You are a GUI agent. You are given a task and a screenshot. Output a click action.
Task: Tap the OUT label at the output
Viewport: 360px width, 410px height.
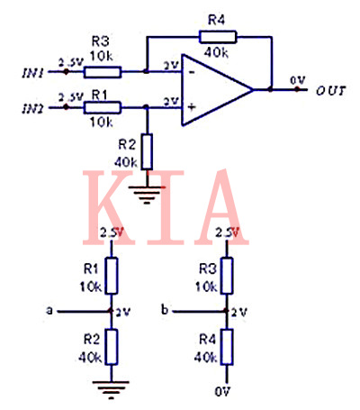[332, 91]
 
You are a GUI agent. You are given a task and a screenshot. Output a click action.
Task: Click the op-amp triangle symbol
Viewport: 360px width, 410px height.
[215, 89]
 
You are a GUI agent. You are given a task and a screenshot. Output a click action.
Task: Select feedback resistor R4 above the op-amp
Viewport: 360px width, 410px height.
[219, 37]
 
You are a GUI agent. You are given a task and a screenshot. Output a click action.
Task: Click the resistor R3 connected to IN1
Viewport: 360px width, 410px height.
[102, 69]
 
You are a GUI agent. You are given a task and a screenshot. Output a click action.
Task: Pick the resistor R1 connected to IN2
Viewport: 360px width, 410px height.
[102, 107]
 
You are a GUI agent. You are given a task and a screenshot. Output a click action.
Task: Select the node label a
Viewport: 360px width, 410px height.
[49, 311]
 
